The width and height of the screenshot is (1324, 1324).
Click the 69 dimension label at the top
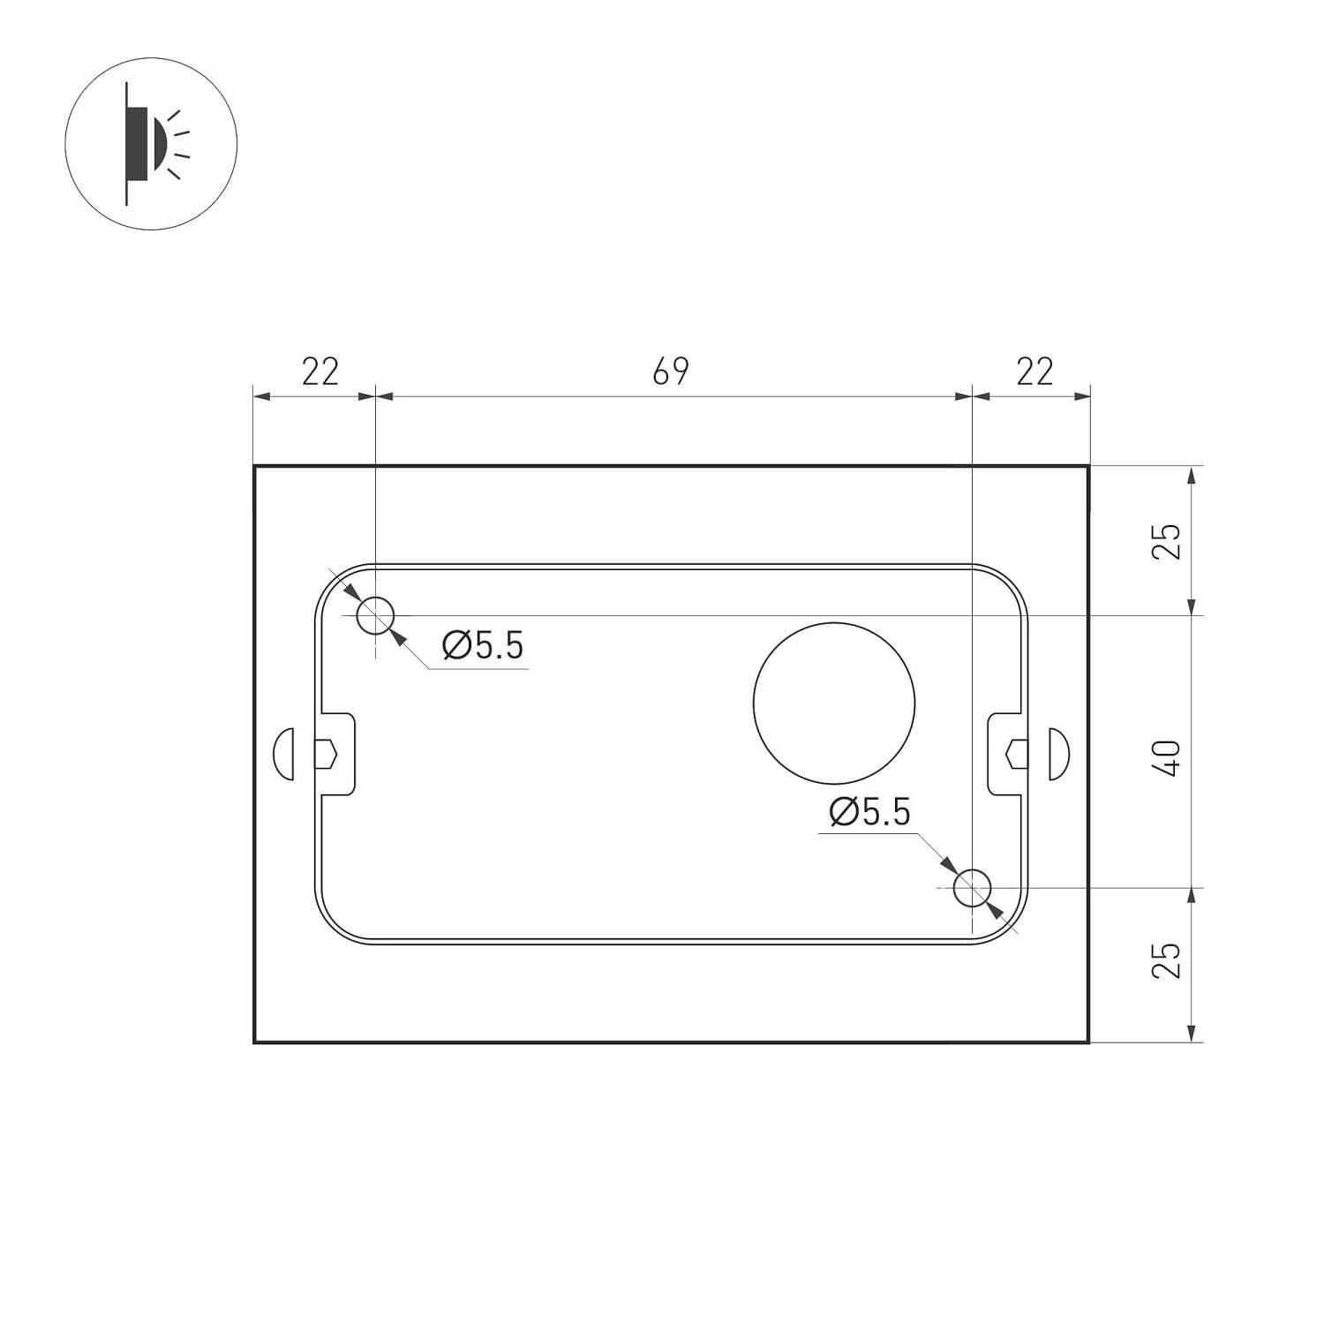pos(670,372)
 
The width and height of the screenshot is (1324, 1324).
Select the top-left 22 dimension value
pos(320,372)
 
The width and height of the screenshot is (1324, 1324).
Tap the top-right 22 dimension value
pos(1034,372)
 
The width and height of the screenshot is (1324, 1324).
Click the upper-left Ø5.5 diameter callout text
pos(483,646)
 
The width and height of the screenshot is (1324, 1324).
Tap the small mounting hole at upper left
pos(375,614)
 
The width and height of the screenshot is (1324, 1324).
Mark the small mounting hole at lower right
pos(973,887)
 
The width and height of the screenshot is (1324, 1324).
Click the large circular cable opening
pos(834,702)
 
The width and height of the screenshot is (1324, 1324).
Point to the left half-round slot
pos(283,754)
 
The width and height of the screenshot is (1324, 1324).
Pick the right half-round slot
pos(1058,754)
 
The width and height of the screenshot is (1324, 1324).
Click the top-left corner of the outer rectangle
pos(255,466)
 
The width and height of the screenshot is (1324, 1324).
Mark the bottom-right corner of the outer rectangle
pos(1088,1042)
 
